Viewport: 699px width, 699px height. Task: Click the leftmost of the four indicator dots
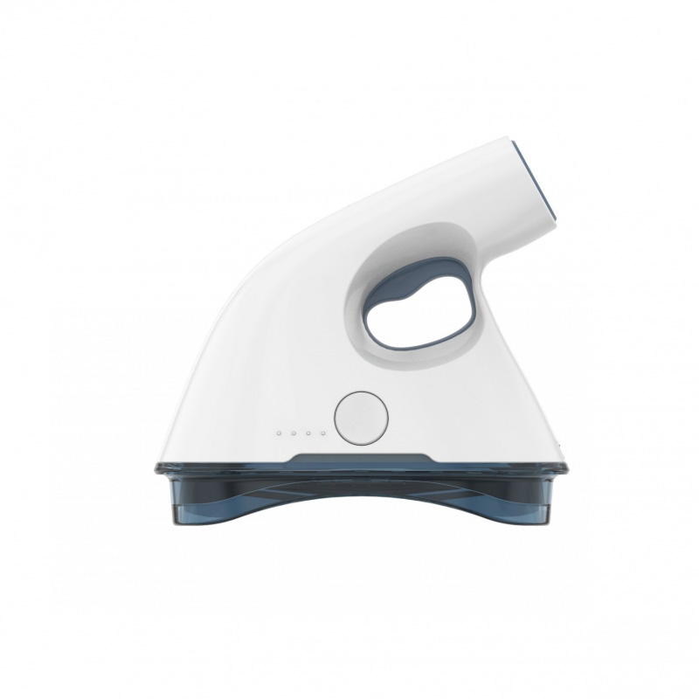[279, 433]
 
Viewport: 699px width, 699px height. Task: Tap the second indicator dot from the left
[294, 433]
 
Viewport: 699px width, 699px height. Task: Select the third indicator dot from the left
[308, 433]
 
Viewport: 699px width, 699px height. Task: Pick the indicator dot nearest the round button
[323, 433]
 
